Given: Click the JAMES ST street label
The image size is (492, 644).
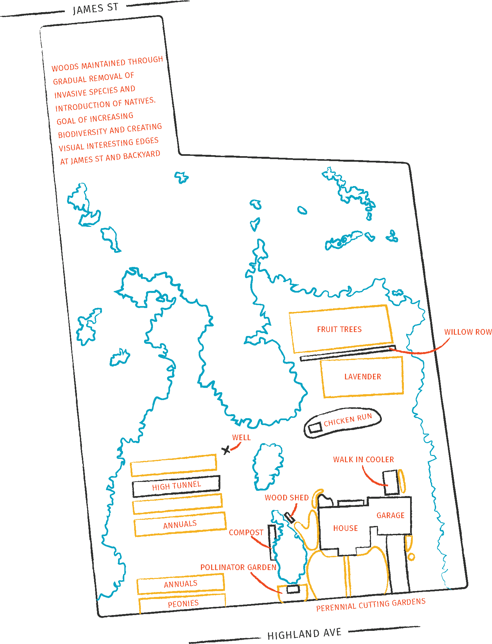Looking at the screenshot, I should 95,9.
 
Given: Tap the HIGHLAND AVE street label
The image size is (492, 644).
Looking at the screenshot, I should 304,634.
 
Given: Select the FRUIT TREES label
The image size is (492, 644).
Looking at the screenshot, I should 339,329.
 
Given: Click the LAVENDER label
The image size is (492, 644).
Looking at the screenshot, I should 363,377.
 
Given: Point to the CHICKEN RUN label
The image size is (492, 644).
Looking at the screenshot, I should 348,420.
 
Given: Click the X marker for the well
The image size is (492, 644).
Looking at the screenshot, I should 226,450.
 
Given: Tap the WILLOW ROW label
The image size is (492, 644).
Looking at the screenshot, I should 468,332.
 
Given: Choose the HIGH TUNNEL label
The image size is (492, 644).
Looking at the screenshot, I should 176,486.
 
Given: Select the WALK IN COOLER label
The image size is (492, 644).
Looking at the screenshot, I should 363,460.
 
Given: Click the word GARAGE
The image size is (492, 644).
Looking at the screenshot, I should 390,515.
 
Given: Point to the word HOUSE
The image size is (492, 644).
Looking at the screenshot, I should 345,528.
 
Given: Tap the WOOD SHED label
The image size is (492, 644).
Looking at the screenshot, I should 287,498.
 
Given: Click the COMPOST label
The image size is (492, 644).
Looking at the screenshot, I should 246,533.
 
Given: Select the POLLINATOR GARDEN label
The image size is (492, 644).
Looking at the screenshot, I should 238,567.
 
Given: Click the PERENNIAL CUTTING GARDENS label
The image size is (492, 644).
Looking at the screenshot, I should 371,605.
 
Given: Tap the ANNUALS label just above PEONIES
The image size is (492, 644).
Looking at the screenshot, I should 181,584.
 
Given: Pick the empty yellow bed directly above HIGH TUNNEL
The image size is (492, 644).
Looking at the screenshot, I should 173,465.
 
